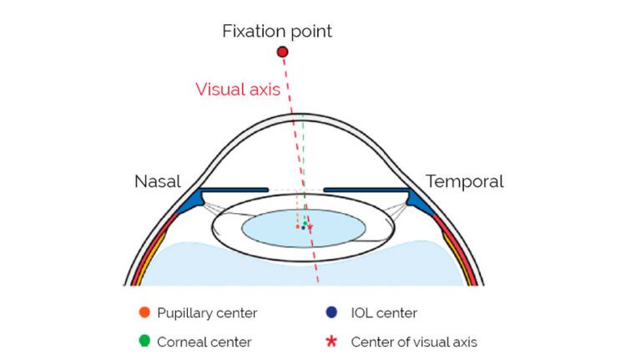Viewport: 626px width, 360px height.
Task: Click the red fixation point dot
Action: point(282,52)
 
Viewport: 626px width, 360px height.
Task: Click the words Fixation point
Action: point(277,32)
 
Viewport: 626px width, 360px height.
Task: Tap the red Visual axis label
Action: point(237,89)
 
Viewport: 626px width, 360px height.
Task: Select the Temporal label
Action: point(464,181)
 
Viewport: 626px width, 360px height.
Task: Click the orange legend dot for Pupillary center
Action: point(144,313)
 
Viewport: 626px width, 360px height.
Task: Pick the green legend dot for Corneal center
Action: point(144,341)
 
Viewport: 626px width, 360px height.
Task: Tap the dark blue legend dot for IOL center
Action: point(332,313)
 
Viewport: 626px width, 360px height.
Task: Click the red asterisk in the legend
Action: point(332,341)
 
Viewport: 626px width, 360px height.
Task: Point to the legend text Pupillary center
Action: point(207,313)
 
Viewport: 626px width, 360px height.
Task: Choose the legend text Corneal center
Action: point(204,342)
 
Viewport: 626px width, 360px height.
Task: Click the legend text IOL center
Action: point(384,313)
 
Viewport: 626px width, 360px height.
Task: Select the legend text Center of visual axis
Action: point(414,342)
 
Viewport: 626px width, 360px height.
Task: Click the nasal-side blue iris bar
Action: point(230,190)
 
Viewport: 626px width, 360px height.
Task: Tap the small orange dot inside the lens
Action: point(298,226)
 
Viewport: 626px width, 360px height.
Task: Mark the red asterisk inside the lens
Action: point(310,226)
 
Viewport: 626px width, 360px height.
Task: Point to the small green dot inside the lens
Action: point(306,222)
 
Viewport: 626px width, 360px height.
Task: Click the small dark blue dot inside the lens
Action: point(303,227)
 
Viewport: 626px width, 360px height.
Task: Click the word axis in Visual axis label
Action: point(262,89)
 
